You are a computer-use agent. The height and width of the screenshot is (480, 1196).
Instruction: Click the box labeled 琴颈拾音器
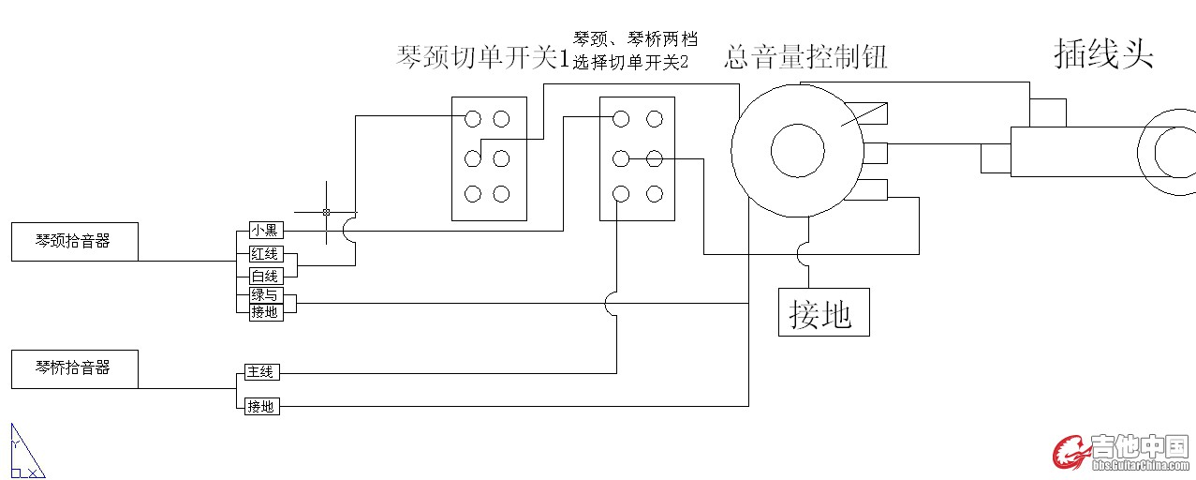(74, 241)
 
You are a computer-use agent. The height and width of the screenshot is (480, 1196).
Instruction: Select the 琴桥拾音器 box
(74, 368)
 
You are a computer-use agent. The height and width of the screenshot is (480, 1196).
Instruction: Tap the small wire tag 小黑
(265, 231)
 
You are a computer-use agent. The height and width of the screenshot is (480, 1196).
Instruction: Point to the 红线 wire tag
(265, 254)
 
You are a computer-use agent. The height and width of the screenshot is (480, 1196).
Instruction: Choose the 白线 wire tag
(265, 276)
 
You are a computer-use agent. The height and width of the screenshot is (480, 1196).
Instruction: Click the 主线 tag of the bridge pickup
(260, 372)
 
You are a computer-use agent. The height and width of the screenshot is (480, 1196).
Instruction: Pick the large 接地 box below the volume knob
(823, 312)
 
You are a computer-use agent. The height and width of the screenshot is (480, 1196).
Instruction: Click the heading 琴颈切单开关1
(483, 59)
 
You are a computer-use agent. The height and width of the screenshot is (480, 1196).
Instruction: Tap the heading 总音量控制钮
(805, 58)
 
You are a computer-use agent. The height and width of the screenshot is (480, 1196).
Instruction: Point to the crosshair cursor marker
(326, 212)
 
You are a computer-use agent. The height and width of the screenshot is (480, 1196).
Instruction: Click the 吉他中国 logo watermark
(1120, 451)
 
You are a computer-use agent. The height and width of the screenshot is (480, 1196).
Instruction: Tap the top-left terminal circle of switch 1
(473, 119)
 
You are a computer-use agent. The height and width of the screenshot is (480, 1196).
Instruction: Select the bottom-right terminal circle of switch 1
(502, 194)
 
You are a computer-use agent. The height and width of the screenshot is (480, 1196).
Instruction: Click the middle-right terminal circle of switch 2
(655, 158)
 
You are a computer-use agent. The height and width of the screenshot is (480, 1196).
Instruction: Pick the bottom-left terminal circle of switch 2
(620, 194)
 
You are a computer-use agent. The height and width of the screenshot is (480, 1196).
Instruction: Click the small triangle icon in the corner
(25, 452)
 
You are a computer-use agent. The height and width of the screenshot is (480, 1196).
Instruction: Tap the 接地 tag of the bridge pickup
(261, 407)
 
